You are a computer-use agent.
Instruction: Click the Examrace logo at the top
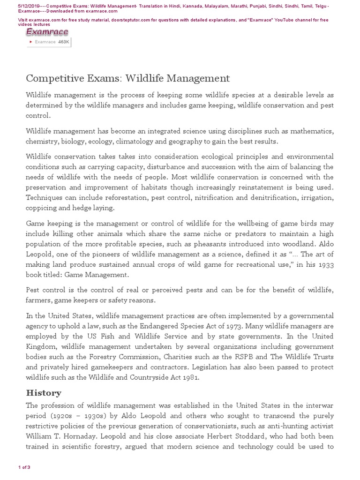pos(47,32)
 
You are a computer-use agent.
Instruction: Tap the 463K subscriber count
pos(64,42)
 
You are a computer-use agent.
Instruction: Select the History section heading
pos(44,393)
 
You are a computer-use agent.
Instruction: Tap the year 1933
pos(323,264)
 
